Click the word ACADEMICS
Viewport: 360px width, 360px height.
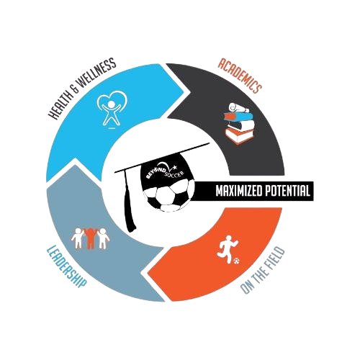239,76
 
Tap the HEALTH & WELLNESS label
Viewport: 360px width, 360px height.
82,89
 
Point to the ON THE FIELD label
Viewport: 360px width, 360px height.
263,271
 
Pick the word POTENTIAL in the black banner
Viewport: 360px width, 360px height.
287,191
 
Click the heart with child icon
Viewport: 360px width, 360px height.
112,109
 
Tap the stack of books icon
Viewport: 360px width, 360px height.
240,124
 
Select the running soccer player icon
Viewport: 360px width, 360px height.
228,249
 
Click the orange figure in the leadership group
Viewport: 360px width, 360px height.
90,238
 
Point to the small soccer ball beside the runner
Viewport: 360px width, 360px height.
237,260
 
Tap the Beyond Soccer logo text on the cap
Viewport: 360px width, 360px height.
166,171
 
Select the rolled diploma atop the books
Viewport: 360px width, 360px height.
237,107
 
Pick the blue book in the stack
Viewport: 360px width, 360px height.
238,117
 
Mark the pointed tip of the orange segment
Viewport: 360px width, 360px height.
146,274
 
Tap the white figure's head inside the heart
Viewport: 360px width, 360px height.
112,104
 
